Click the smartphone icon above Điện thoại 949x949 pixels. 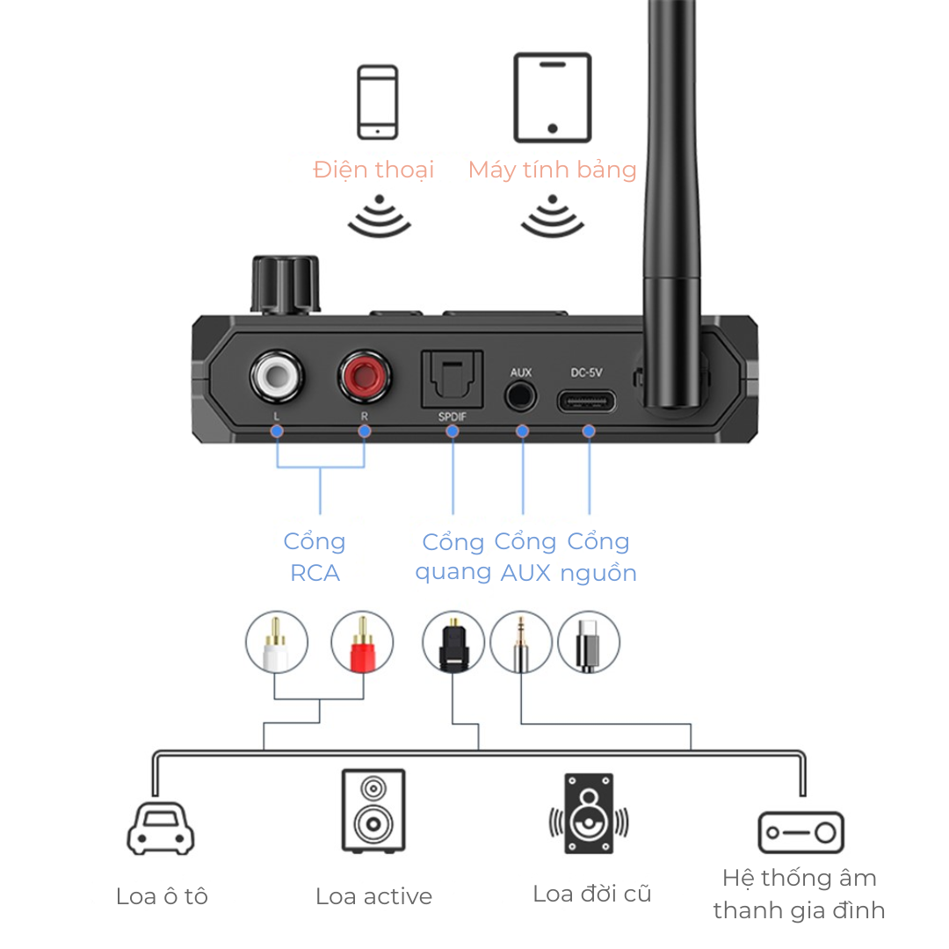pos(377,102)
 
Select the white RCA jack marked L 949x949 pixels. pos(277,377)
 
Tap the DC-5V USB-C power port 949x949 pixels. pos(587,402)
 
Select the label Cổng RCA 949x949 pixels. pos(315,557)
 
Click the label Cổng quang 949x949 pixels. pos(453,557)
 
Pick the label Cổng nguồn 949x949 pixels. pos(598,557)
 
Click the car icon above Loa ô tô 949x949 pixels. pos(161,828)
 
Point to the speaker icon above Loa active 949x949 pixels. pos(373,810)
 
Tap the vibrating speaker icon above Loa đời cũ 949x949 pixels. pos(589,814)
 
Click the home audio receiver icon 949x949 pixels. pos(800,832)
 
